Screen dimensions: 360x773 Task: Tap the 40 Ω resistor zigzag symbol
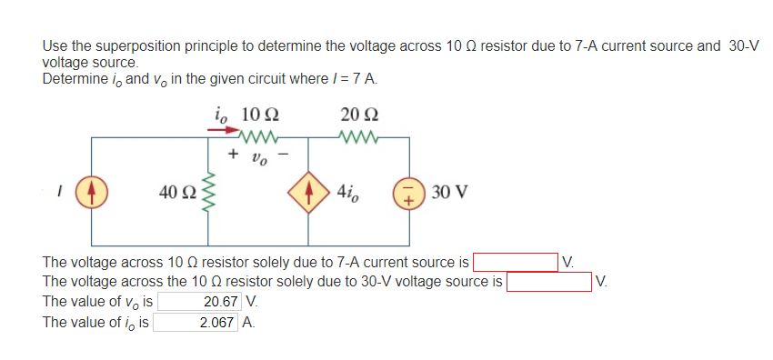tap(209, 193)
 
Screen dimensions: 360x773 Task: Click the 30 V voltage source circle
tap(409, 193)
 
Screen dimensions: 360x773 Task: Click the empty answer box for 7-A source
tap(515, 264)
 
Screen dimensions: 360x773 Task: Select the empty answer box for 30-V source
tap(549, 282)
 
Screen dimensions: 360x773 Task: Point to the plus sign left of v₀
tap(234, 155)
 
